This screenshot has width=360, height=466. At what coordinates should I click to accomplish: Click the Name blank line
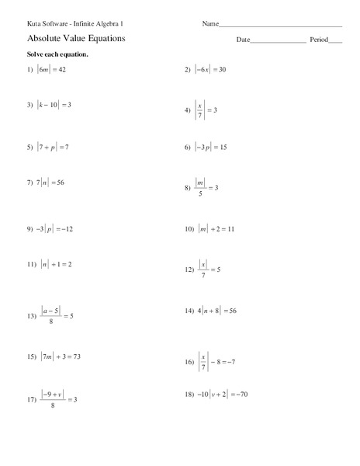tap(281, 26)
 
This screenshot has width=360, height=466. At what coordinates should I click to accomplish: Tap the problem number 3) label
tap(30, 104)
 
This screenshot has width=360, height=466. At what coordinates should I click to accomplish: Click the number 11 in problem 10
tap(230, 230)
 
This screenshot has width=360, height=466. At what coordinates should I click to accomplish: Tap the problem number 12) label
tap(189, 270)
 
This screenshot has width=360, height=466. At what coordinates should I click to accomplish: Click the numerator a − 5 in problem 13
tap(53, 310)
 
